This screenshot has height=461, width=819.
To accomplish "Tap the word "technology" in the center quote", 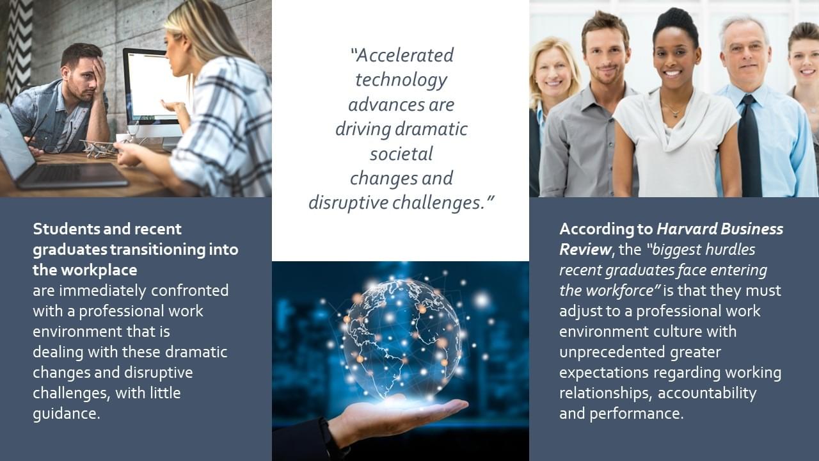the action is [x=401, y=81].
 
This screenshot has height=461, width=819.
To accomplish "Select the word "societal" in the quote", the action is [x=401, y=154].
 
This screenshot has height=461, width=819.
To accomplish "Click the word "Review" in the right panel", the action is [x=585, y=250].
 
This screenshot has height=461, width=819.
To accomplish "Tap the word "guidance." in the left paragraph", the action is [x=67, y=414].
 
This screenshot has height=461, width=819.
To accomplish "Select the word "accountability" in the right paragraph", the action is [x=707, y=394].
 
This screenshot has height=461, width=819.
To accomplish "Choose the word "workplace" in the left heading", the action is [x=99, y=271].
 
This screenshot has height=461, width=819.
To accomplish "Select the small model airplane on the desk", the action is [x=97, y=147].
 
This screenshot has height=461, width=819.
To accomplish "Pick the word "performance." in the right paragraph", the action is [x=636, y=414].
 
